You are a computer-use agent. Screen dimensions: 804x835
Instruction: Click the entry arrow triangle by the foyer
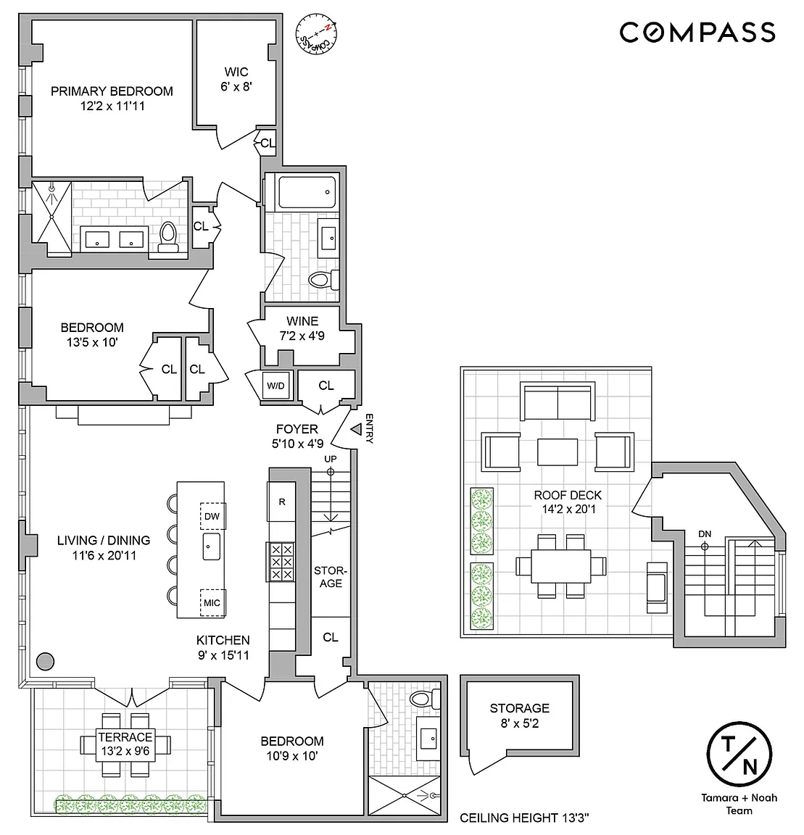pos(356,428)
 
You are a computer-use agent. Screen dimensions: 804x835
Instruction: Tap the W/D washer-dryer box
pos(275,386)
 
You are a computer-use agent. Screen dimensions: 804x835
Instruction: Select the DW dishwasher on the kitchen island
pos(212,516)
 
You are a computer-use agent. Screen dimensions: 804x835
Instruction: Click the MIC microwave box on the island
pos(212,603)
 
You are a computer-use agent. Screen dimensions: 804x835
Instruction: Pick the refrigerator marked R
pos(281,502)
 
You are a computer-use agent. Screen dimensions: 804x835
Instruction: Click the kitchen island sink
pos(212,547)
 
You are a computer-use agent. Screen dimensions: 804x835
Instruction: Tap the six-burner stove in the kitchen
pos(281,562)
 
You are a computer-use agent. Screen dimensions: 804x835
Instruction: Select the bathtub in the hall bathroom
pos(307,192)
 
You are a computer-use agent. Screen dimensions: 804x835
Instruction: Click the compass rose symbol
pos(317,34)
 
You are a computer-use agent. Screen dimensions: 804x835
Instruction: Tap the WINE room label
pos(302,321)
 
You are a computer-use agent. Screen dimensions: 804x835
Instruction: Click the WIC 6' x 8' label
pos(236,79)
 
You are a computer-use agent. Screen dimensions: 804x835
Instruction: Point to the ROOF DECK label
pos(568,495)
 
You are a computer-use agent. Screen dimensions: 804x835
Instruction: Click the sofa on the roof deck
pos(558,402)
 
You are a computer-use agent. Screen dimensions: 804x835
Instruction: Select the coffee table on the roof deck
pos(558,452)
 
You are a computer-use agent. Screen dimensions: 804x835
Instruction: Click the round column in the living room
pos(45,661)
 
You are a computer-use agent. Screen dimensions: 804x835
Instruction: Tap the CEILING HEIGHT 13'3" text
pos(524,818)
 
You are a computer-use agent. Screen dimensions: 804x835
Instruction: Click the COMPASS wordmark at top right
pos(697,33)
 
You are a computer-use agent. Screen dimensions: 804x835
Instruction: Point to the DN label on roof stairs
pos(705,534)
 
